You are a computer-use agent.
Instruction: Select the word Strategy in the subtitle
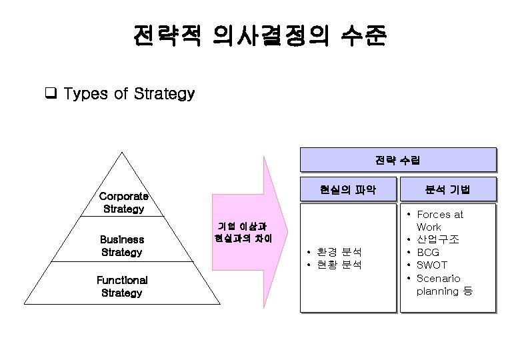tap(164, 93)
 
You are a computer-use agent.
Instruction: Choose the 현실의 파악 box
tap(347, 189)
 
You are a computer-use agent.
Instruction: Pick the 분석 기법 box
tap(447, 189)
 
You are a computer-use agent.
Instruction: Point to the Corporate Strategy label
tap(123, 203)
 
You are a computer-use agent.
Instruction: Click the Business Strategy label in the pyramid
tap(122, 245)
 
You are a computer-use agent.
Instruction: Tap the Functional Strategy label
tap(122, 286)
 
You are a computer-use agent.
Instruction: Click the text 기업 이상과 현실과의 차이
tap(243, 233)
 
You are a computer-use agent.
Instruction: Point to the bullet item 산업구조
tap(439, 239)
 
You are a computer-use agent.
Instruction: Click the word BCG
tap(428, 253)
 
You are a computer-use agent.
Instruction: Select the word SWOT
tap(432, 265)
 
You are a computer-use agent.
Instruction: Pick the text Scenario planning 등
tap(443, 284)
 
